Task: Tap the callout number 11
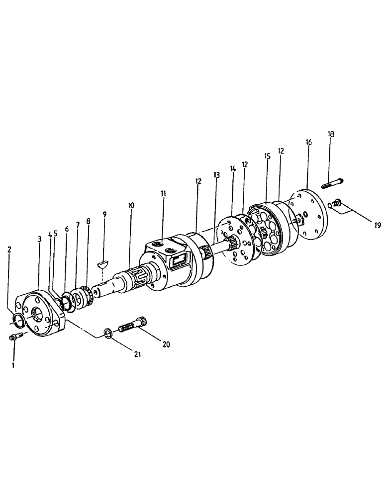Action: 164,193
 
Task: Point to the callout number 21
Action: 137,354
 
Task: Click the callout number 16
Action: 308,142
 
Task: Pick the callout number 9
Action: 104,214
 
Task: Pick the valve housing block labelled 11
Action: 167,261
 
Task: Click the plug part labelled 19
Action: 337,202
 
